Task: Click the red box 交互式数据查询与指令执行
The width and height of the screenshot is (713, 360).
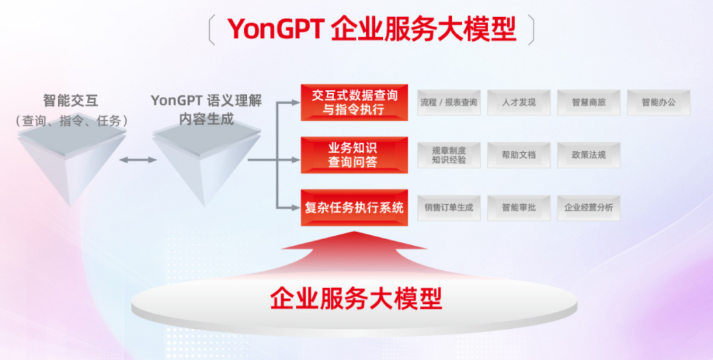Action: pyautogui.click(x=355, y=102)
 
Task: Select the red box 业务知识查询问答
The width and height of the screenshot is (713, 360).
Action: pyautogui.click(x=355, y=155)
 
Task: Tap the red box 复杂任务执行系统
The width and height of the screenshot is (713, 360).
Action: pyautogui.click(x=355, y=208)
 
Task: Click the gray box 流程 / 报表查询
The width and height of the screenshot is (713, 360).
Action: pyautogui.click(x=449, y=102)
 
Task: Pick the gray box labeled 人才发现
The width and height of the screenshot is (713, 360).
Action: pyautogui.click(x=519, y=102)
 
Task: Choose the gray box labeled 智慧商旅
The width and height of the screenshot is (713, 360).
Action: pyautogui.click(x=589, y=102)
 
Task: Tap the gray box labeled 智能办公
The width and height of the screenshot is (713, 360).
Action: pyautogui.click(x=659, y=102)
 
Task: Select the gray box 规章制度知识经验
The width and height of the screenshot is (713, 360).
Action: pyautogui.click(x=449, y=155)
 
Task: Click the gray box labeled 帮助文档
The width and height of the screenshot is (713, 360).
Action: pyautogui.click(x=519, y=155)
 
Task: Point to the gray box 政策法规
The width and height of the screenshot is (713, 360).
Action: pyautogui.click(x=589, y=155)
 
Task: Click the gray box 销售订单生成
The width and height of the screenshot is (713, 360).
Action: pyautogui.click(x=449, y=208)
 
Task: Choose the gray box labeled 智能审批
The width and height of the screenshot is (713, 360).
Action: pyautogui.click(x=519, y=208)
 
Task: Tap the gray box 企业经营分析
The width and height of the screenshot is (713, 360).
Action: pyautogui.click(x=589, y=208)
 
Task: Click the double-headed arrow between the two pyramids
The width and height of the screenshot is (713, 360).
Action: pyautogui.click(x=138, y=160)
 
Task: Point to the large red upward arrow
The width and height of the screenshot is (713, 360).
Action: pyautogui.click(x=355, y=255)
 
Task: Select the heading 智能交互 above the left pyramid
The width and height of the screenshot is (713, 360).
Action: pyautogui.click(x=71, y=100)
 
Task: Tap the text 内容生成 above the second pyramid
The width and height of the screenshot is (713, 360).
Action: pyautogui.click(x=207, y=120)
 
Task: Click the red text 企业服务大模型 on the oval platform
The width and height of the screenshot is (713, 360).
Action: pyautogui.click(x=356, y=299)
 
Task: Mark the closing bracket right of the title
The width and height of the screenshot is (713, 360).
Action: pyautogui.click(x=531, y=30)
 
